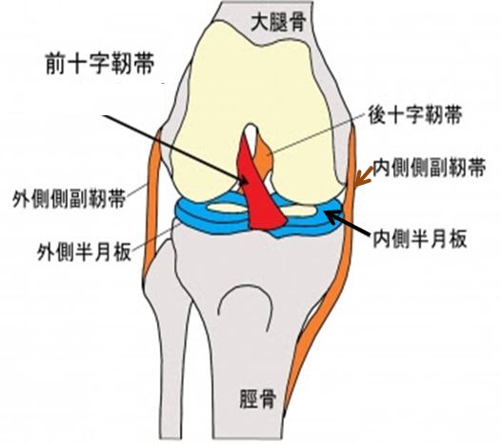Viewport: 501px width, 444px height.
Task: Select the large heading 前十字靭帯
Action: (100, 63)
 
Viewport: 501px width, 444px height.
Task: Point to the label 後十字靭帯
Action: (415, 114)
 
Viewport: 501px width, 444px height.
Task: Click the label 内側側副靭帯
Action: (430, 167)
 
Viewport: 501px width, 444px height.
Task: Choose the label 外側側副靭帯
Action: (69, 198)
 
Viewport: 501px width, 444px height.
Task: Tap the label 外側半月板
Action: (85, 252)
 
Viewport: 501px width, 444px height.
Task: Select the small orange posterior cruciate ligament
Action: (265, 156)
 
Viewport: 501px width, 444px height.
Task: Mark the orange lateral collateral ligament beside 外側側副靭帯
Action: (151, 205)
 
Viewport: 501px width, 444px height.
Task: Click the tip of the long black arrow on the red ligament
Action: (248, 183)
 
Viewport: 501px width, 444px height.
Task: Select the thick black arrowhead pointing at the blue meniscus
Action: (332, 216)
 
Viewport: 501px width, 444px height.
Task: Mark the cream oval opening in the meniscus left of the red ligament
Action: (227, 209)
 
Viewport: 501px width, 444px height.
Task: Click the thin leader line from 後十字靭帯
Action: (318, 132)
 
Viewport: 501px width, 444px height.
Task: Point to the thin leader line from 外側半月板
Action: (156, 237)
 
